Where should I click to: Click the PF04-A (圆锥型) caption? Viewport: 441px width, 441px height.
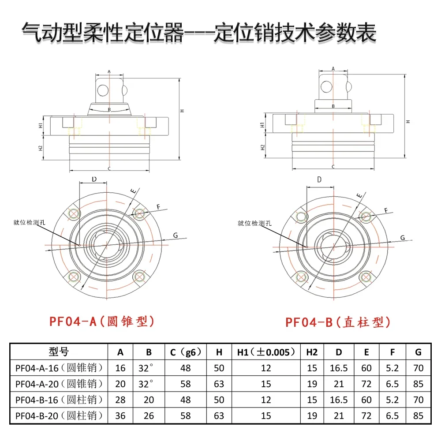click(x=102, y=321)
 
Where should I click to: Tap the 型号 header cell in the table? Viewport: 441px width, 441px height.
click(x=59, y=351)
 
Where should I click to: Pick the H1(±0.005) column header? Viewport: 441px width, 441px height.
click(x=266, y=352)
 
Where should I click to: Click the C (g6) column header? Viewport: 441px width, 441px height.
click(x=186, y=352)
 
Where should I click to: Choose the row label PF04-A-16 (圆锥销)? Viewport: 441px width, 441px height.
click(x=59, y=368)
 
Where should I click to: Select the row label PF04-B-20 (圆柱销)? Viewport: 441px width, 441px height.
click(x=59, y=416)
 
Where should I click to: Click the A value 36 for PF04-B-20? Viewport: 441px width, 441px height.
click(x=120, y=416)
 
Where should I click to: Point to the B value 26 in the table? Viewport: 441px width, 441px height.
click(x=149, y=416)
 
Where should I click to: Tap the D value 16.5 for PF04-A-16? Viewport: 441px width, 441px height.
click(x=339, y=368)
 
